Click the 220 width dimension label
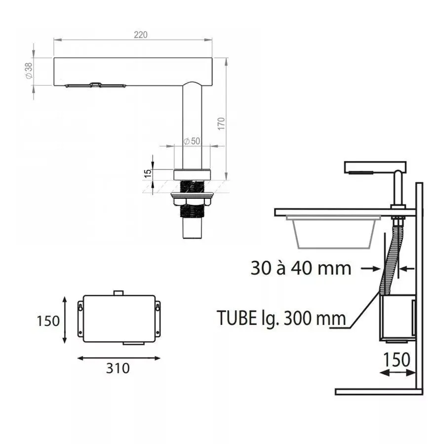pyautogui.click(x=141, y=35)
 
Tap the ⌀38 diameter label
pyautogui.click(x=29, y=71)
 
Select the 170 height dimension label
pyautogui.click(x=221, y=124)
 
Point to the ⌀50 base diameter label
pyautogui.click(x=192, y=141)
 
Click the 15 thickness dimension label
pyautogui.click(x=148, y=173)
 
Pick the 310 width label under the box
pyautogui.click(x=118, y=368)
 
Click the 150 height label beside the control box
pyautogui.click(x=48, y=321)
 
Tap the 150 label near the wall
pyautogui.click(x=397, y=360)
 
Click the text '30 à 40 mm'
pyautogui.click(x=301, y=268)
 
